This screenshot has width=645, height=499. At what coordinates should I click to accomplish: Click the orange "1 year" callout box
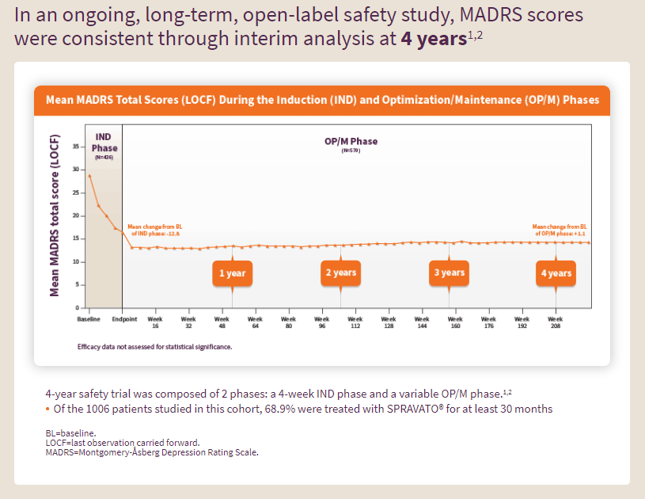click(x=233, y=273)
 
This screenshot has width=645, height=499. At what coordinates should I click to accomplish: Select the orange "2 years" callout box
click(x=341, y=273)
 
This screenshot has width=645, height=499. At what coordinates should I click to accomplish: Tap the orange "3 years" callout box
click(x=449, y=273)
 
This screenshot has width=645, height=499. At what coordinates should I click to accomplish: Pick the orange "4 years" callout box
click(x=556, y=273)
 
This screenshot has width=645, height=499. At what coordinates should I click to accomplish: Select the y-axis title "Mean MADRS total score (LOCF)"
click(x=55, y=215)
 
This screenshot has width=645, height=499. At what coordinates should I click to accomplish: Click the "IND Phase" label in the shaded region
click(x=104, y=143)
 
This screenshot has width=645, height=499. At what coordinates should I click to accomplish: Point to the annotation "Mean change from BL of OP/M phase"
click(x=560, y=230)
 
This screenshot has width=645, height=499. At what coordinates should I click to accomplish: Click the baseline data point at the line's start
click(x=89, y=176)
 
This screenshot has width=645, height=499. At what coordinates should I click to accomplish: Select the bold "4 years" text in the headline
click(x=433, y=39)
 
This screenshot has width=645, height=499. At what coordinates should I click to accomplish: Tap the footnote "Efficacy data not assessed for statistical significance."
click(x=154, y=347)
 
